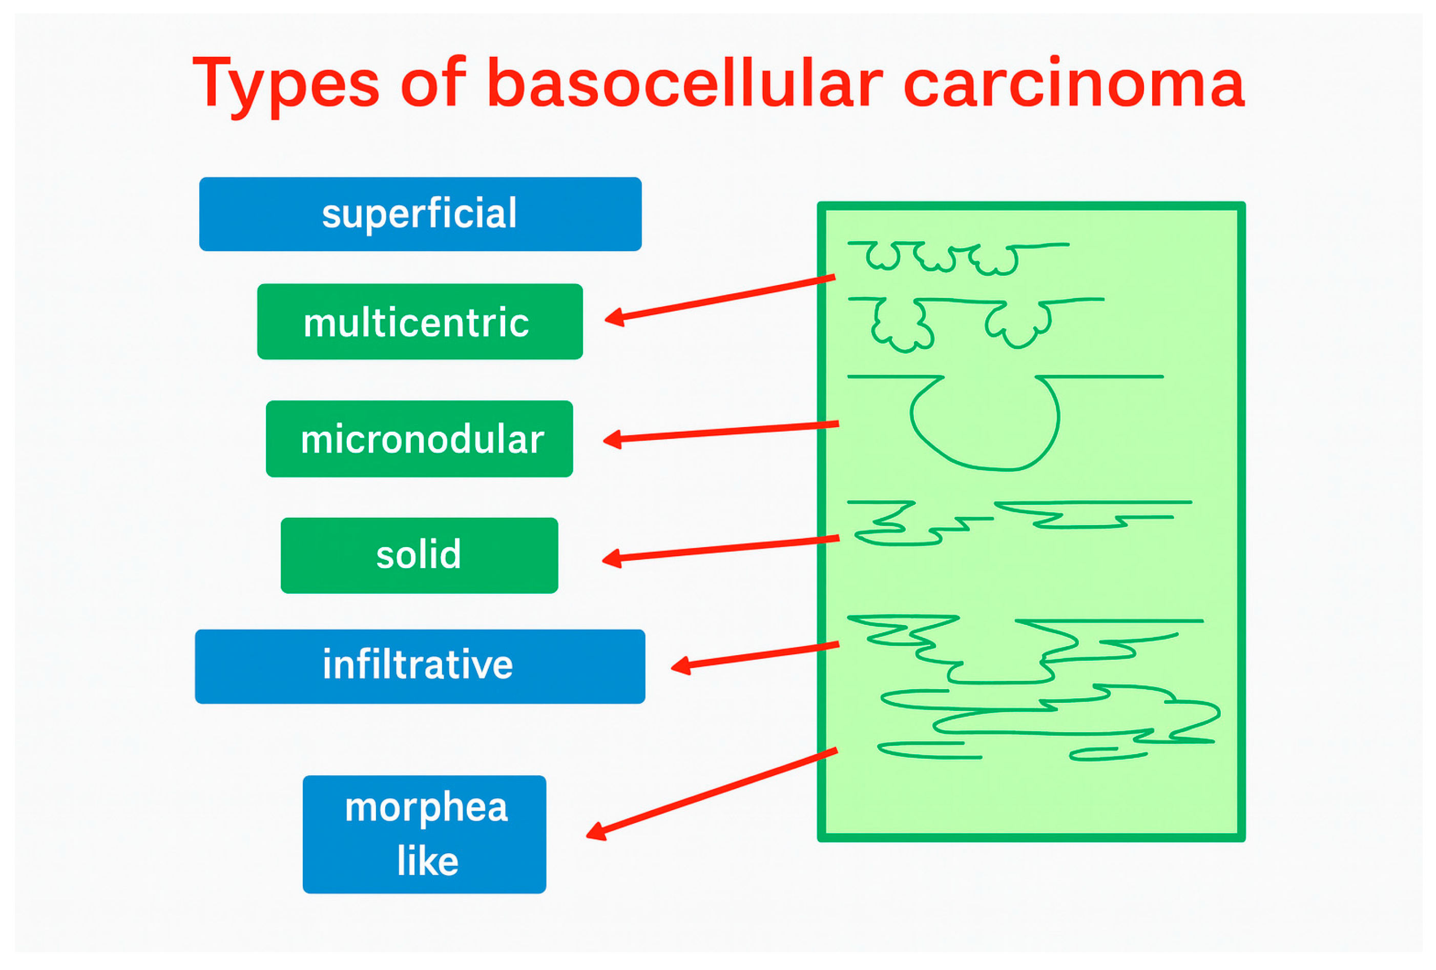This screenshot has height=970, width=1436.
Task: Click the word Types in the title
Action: click(285, 85)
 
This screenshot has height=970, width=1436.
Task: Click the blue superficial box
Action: click(420, 214)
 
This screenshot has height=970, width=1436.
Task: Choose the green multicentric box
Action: click(420, 321)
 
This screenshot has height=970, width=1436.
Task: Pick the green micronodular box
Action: click(420, 439)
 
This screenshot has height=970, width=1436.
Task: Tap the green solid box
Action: click(420, 555)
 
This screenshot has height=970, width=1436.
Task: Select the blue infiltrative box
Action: click(420, 666)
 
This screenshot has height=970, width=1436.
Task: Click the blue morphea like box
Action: click(425, 834)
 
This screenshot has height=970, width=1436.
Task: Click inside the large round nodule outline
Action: click(985, 427)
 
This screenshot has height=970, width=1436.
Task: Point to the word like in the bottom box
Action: click(428, 861)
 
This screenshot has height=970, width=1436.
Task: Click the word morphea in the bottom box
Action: click(426, 808)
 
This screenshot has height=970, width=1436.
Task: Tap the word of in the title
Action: click(433, 82)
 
